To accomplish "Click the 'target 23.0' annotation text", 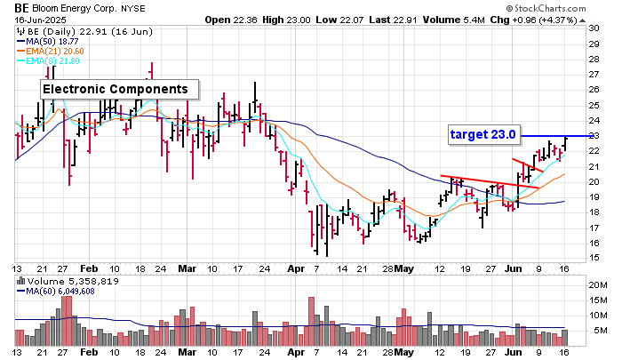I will point(482,135).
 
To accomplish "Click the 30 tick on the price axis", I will point(593,28).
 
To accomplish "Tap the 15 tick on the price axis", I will point(593,258).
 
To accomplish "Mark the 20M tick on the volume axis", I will point(595,284).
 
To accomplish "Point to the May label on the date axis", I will point(404,267).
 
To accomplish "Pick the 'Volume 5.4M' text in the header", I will point(468,19).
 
